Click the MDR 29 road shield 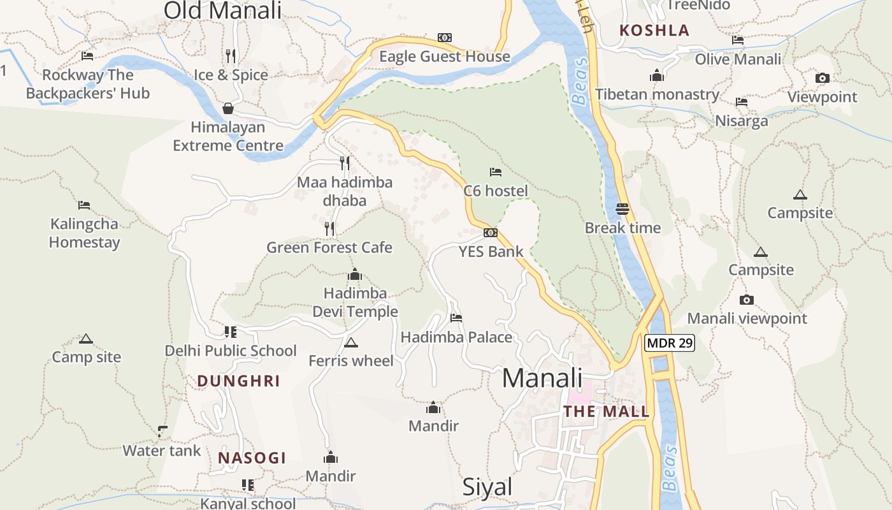(x=669, y=343)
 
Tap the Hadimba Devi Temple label (x=355, y=302)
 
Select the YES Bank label (x=491, y=252)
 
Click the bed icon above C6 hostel (x=495, y=172)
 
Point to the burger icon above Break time (x=622, y=209)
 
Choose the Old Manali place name (x=222, y=10)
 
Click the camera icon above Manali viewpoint (x=747, y=300)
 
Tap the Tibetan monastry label (x=657, y=95)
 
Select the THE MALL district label (x=607, y=411)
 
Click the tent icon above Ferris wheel (x=350, y=343)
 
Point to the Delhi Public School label (x=231, y=351)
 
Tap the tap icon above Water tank (x=162, y=432)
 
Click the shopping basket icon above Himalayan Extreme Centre (x=228, y=108)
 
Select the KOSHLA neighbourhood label (x=654, y=31)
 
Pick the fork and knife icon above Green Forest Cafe (x=329, y=229)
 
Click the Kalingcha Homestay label (x=84, y=233)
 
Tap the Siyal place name (x=487, y=487)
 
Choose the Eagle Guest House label (x=445, y=57)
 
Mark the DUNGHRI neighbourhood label (x=238, y=381)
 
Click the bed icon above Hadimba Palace (x=456, y=318)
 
